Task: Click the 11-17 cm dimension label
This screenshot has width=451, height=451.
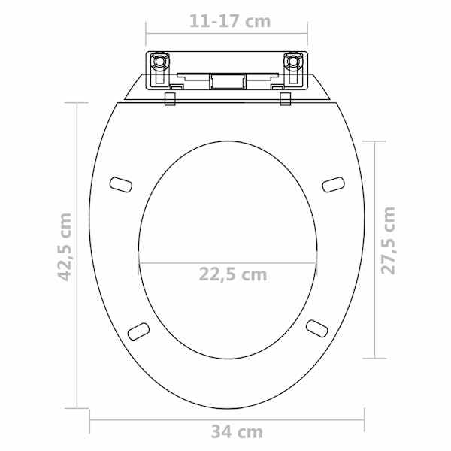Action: pos(230,21)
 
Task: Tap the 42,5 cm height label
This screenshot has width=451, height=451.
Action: pos(65,247)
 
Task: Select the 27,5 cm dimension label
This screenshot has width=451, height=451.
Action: pos(388,241)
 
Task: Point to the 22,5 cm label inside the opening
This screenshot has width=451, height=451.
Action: pos(233,274)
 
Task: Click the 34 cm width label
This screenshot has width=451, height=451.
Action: pos(237,431)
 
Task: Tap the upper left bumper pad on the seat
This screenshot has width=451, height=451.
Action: pos(121,185)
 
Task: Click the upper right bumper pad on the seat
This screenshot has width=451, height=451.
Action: pos(333,185)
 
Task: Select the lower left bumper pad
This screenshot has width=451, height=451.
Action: pos(138,331)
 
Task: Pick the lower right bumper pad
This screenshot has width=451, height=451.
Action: pos(317,328)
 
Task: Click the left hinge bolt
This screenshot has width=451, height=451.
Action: pos(159,62)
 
